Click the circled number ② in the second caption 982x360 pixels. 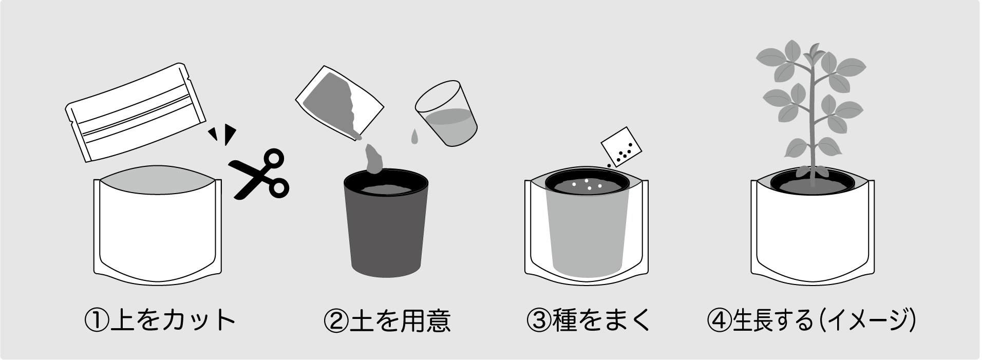click(x=336, y=320)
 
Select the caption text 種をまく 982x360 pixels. click(x=602, y=320)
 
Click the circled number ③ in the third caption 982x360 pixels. click(x=539, y=320)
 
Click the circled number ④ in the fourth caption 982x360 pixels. click(x=720, y=320)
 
